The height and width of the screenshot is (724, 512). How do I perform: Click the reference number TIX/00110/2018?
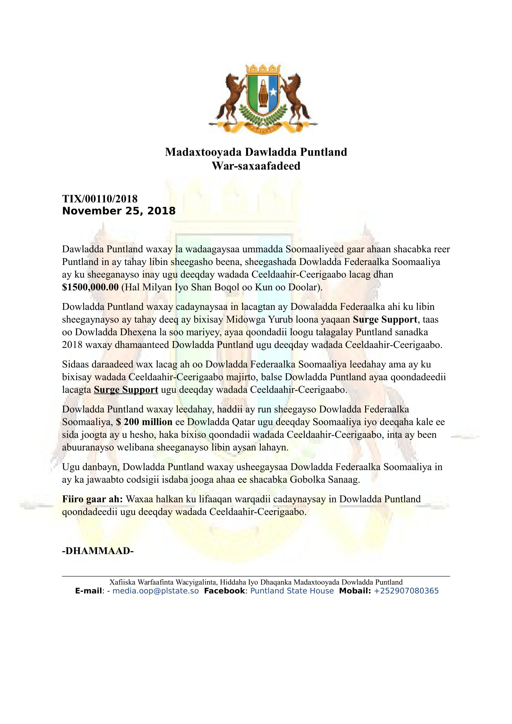(100, 199)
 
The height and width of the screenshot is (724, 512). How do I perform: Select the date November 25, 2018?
(119, 211)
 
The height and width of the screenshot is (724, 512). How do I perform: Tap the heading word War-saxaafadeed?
(256, 166)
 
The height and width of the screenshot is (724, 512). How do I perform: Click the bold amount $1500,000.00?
(90, 287)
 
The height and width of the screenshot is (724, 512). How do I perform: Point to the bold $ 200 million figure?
(144, 422)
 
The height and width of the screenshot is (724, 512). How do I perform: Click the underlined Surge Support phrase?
(126, 390)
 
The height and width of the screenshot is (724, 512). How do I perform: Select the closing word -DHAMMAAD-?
(98, 551)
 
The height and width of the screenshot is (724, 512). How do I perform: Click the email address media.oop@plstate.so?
(155, 591)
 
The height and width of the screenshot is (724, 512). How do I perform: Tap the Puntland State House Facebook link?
(292, 591)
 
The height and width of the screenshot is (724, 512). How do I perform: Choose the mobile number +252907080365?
(406, 591)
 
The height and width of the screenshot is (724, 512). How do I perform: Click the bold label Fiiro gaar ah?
(92, 499)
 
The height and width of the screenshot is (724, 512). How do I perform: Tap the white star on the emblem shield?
(273, 92)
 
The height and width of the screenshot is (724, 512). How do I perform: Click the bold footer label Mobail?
(355, 591)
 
